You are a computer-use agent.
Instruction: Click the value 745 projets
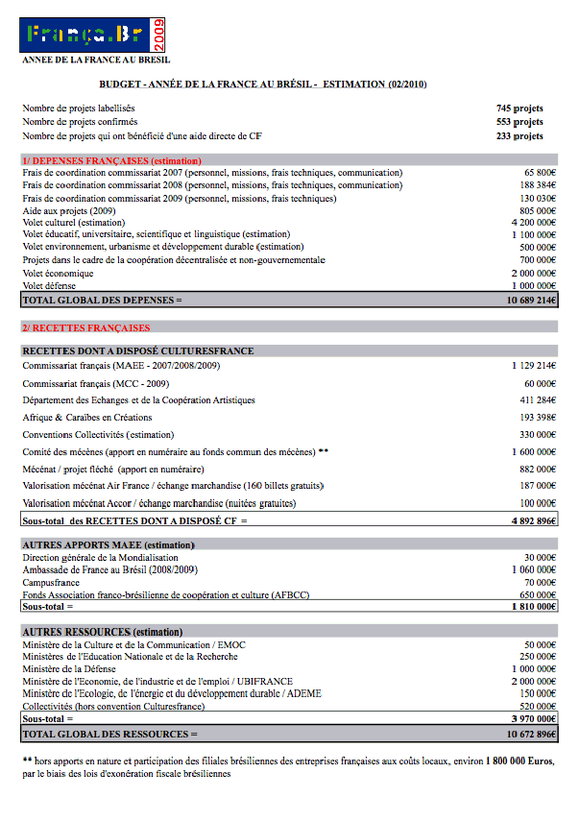[x=520, y=109]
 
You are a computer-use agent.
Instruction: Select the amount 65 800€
[x=538, y=172]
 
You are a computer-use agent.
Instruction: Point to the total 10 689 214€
[x=531, y=300]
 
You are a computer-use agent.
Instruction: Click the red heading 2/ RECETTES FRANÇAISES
[x=86, y=327]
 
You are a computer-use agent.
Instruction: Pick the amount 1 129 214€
[x=534, y=365]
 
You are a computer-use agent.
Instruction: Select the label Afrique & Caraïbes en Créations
[x=87, y=417]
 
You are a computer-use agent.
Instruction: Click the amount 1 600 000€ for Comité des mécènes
[x=534, y=451]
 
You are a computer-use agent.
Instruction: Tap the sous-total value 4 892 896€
[x=534, y=520]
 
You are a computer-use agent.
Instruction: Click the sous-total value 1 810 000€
[x=534, y=607]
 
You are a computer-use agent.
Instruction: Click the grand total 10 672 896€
[x=531, y=734]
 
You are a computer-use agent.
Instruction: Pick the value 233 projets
[x=520, y=135]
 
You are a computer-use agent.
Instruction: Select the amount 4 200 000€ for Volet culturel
[x=534, y=222]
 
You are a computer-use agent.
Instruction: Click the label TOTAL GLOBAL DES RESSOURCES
[x=109, y=734]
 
